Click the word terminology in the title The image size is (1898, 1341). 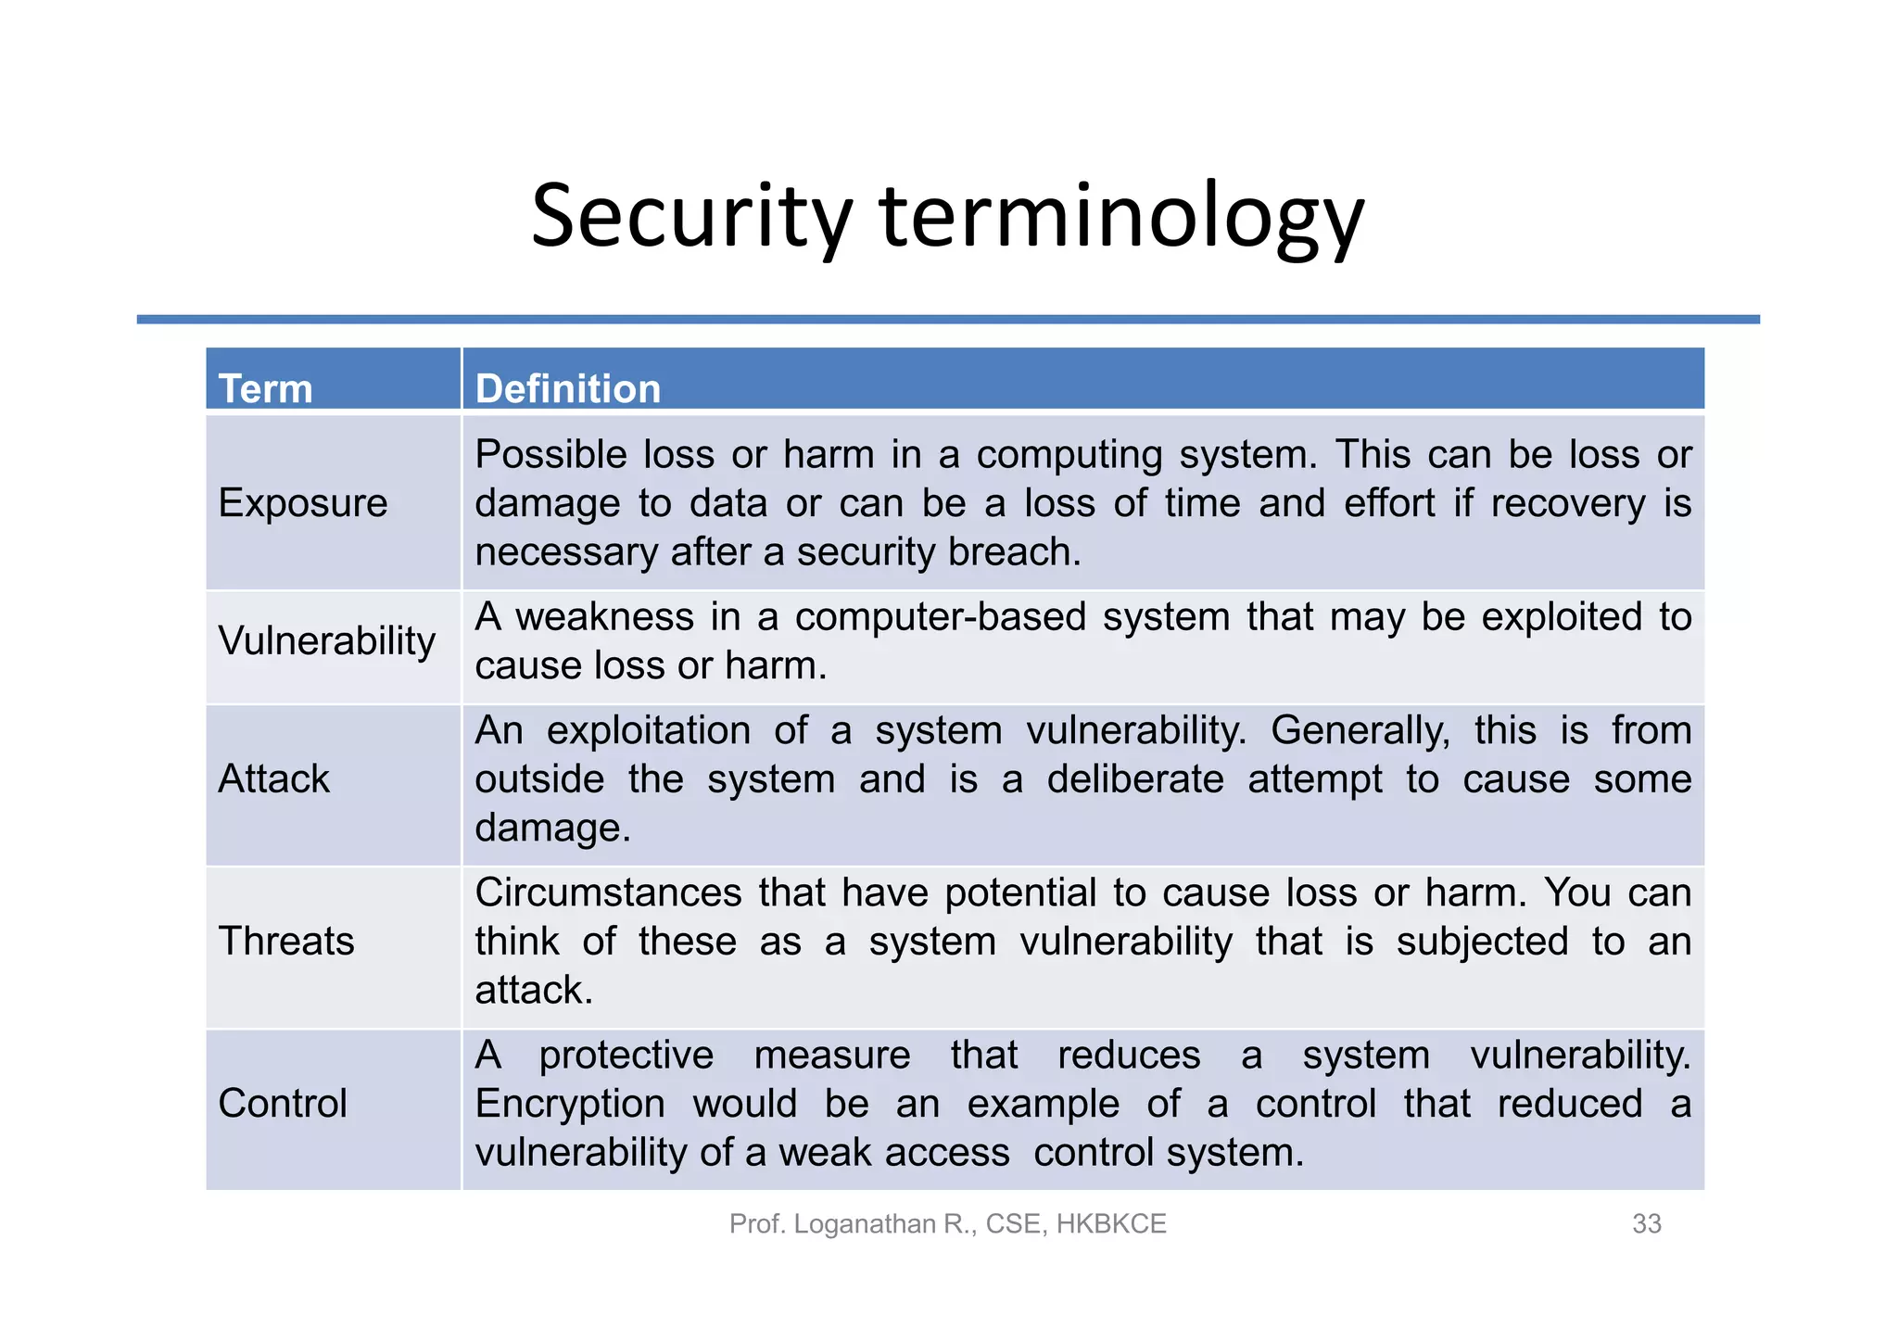(x=1121, y=217)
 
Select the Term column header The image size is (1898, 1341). (x=265, y=388)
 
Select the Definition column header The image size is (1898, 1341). (x=567, y=388)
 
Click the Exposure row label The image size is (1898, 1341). (x=302, y=503)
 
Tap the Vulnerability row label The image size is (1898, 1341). (x=326, y=640)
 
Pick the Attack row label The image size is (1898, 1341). (x=273, y=778)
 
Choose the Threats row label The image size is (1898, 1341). (x=285, y=941)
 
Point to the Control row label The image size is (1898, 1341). (x=282, y=1103)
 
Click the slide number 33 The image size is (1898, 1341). (x=1646, y=1223)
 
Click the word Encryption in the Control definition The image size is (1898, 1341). (x=569, y=1104)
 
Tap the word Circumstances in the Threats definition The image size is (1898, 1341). (x=608, y=892)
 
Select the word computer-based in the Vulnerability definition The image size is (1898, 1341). (x=940, y=617)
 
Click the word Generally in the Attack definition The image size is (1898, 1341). (x=1359, y=730)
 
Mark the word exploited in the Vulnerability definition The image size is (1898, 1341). (x=1562, y=617)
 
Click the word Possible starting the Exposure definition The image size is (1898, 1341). (x=550, y=455)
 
